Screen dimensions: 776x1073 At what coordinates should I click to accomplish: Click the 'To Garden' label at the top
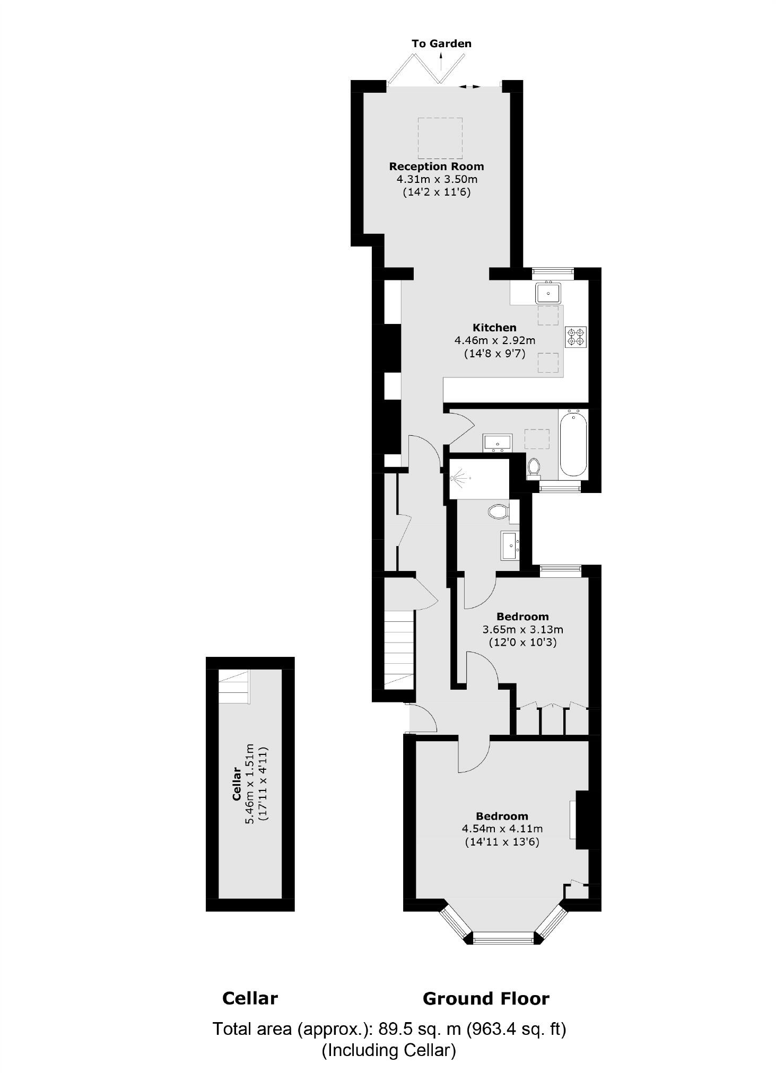441,43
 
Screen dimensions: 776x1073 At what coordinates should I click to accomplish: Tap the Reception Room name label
437,166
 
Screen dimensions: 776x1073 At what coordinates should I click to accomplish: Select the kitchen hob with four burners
576,337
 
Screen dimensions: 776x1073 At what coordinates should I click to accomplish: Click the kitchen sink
548,292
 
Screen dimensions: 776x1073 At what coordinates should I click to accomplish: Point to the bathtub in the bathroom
573,443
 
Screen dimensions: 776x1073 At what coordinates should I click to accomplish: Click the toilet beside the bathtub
534,468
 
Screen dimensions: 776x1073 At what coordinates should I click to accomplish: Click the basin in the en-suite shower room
510,546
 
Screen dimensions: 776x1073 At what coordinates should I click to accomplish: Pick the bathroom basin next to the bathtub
497,442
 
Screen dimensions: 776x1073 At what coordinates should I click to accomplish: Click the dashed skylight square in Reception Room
440,138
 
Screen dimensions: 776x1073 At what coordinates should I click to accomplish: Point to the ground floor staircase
398,649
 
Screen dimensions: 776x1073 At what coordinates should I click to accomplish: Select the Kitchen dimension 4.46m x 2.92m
494,340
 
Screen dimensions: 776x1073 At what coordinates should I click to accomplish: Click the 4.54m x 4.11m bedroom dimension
502,829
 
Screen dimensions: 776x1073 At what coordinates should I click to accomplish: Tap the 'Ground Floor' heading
486,999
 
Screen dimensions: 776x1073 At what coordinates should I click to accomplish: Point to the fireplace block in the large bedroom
582,820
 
